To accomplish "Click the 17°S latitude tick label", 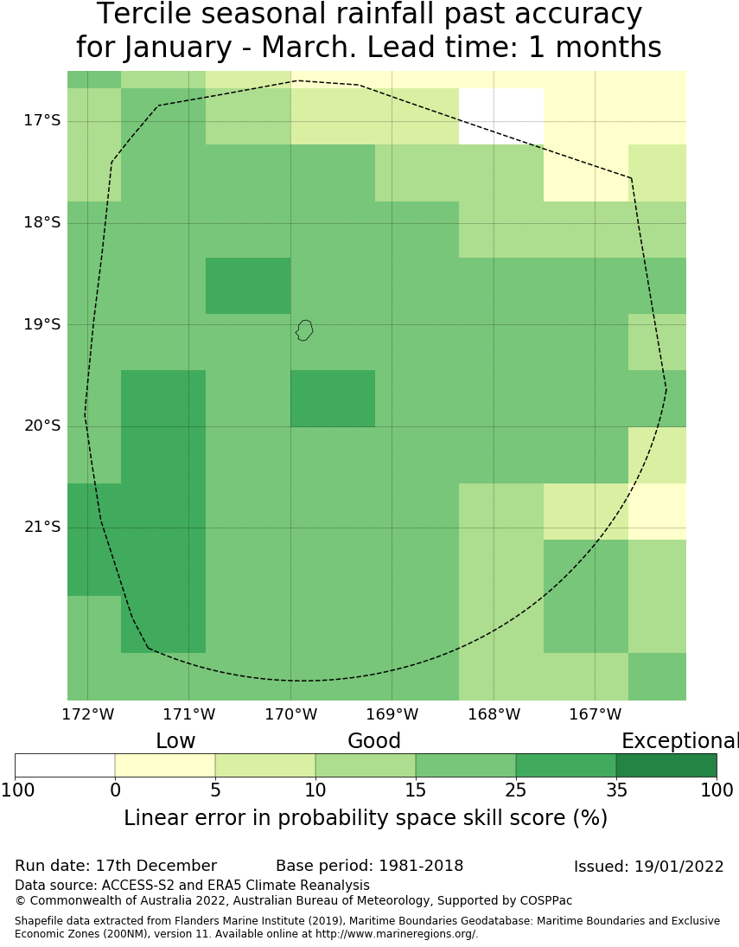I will point(42,120).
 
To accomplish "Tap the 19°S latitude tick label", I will point(42,324).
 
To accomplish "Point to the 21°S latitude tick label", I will point(42,527).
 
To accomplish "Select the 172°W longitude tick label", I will point(87,715).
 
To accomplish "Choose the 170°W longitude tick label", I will point(290,715).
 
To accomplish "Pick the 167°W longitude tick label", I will point(595,715).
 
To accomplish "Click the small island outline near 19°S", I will point(303,330).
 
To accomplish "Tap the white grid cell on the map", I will point(501,116).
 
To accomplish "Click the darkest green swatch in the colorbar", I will point(666,765).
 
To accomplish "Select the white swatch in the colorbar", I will point(65,765).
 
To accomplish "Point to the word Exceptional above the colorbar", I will point(679,741).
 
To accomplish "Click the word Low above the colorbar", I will point(175,741).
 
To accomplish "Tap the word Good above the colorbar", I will point(374,741).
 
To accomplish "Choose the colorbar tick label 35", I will point(616,790).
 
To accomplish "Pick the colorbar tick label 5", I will point(215,790).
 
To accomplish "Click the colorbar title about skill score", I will point(366,818).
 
